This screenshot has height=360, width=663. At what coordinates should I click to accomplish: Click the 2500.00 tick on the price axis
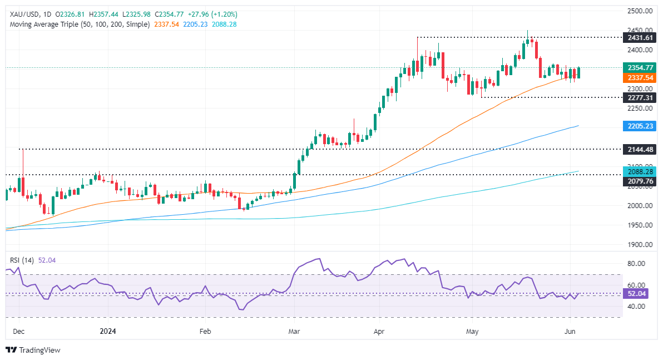click(x=640, y=11)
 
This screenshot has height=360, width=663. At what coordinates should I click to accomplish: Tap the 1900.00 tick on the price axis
click(x=640, y=245)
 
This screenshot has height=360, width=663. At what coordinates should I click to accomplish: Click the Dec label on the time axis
click(x=19, y=332)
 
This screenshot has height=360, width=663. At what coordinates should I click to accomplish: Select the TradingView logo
click(x=33, y=350)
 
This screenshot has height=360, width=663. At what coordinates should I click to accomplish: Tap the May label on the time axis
click(x=472, y=332)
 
